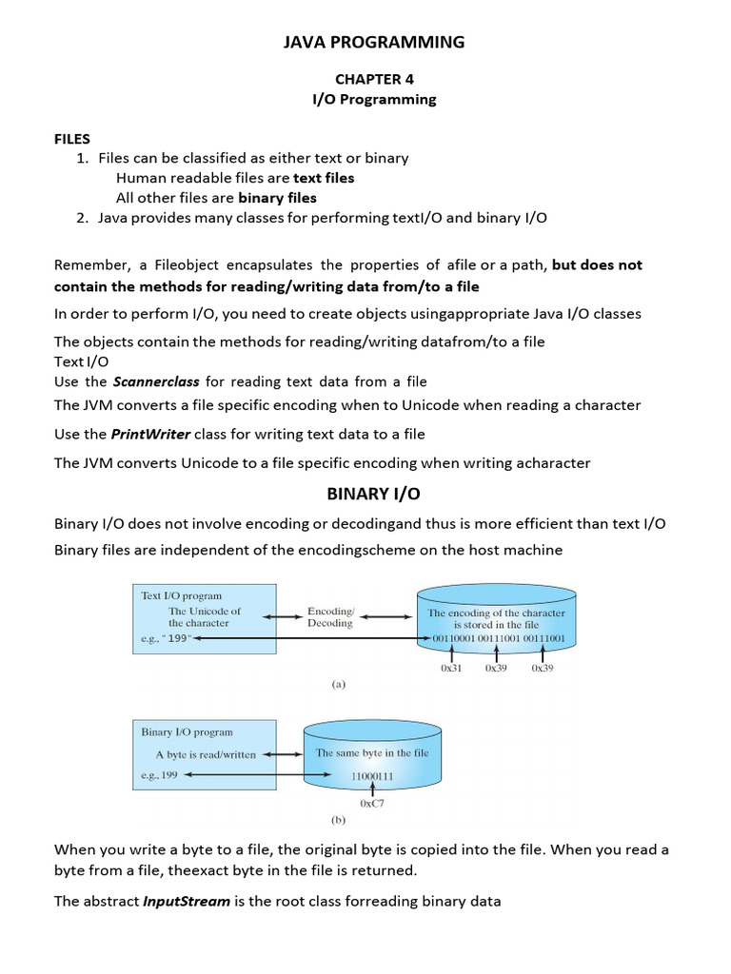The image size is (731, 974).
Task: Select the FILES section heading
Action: tap(72, 139)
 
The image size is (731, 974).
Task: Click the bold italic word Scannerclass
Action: tap(156, 381)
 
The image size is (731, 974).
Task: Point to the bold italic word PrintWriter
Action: tap(151, 434)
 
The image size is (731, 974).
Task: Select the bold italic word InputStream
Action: tap(187, 901)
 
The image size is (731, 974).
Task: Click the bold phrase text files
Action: tap(323, 178)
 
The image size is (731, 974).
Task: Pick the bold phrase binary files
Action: tap(277, 198)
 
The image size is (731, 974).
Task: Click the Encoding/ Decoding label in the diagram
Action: tap(330, 617)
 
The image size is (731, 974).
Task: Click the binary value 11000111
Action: tap(371, 776)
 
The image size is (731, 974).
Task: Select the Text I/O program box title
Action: tap(182, 595)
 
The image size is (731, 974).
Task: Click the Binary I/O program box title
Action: tap(188, 732)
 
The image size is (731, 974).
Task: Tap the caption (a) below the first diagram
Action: tap(339, 683)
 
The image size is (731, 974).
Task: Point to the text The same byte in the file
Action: tap(372, 752)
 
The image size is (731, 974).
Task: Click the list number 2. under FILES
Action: tap(83, 218)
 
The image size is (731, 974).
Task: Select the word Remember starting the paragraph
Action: tap(90, 264)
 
